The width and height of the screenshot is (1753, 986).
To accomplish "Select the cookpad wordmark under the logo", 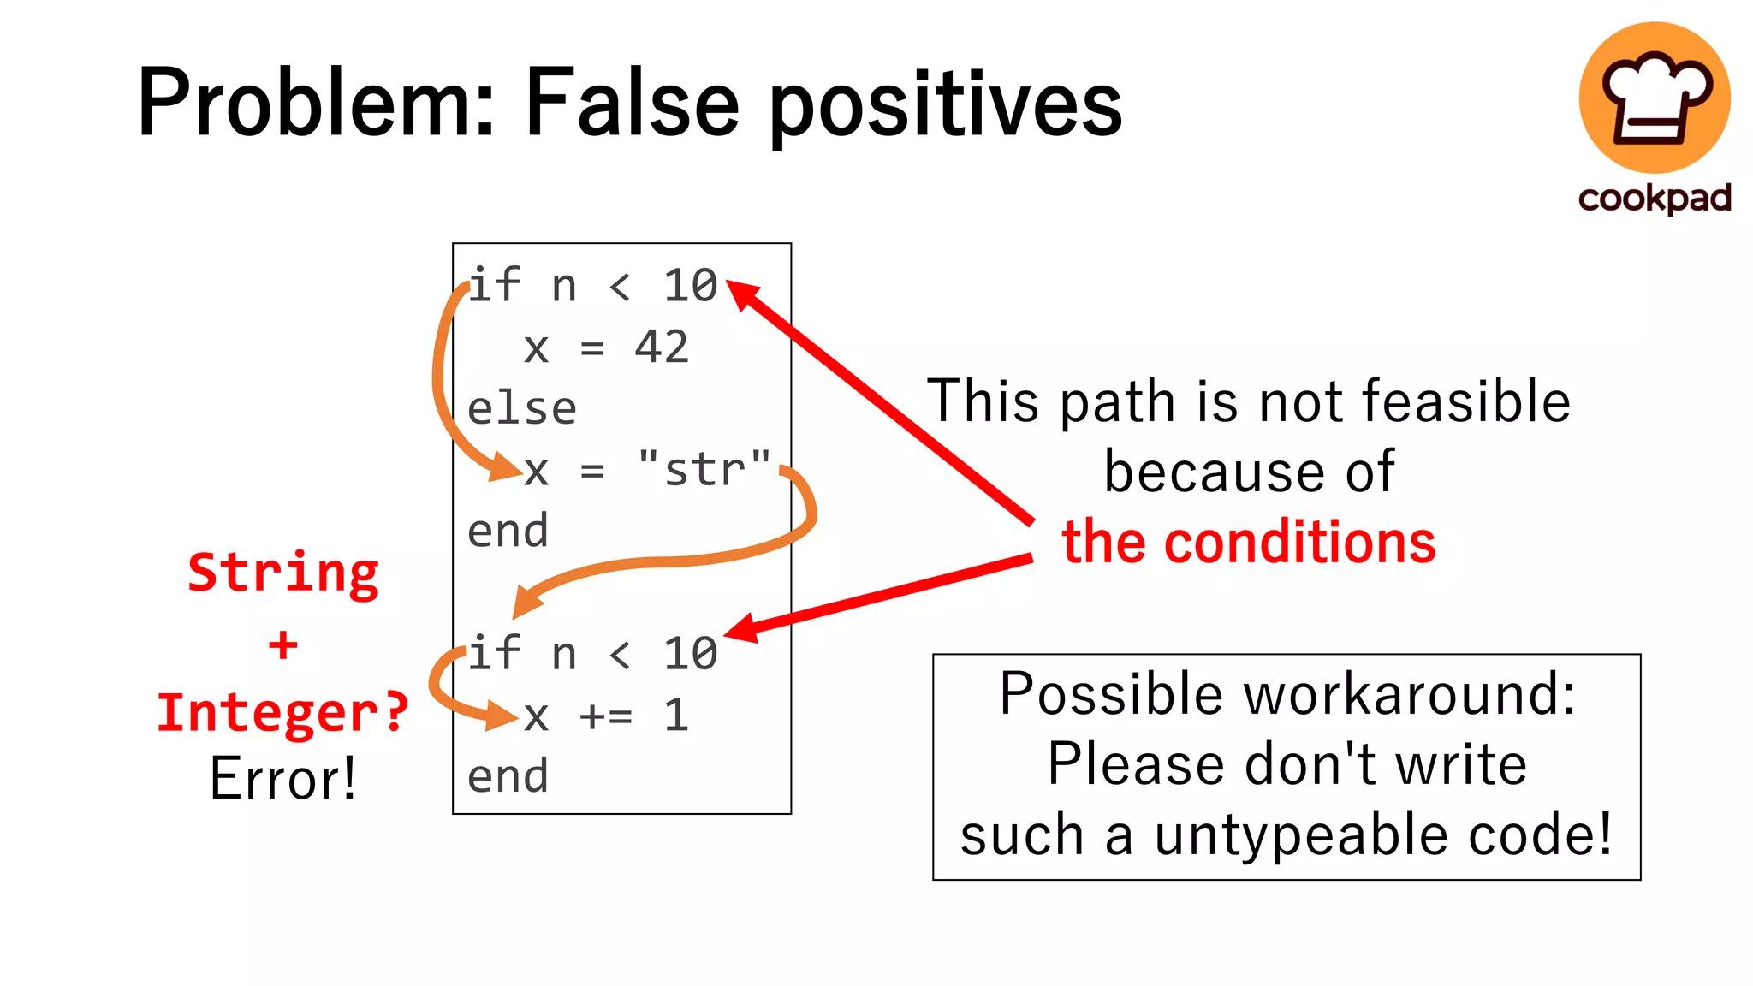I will point(1655,199).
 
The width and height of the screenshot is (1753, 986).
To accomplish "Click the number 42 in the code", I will point(662,347).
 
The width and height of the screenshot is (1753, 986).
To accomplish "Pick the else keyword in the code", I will point(522,409).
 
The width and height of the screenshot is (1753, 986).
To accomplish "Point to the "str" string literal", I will point(704,469).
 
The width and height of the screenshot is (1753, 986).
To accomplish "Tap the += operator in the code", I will point(606,716).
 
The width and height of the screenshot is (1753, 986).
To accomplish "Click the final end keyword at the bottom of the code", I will point(508,777).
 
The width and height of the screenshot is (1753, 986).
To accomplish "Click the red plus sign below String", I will point(283,645).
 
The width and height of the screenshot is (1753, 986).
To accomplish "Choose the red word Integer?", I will point(283,712).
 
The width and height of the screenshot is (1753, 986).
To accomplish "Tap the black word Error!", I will point(283,779).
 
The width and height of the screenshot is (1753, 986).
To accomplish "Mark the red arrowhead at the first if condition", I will point(741,294).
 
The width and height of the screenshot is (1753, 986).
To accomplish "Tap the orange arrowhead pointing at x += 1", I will point(502,715).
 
